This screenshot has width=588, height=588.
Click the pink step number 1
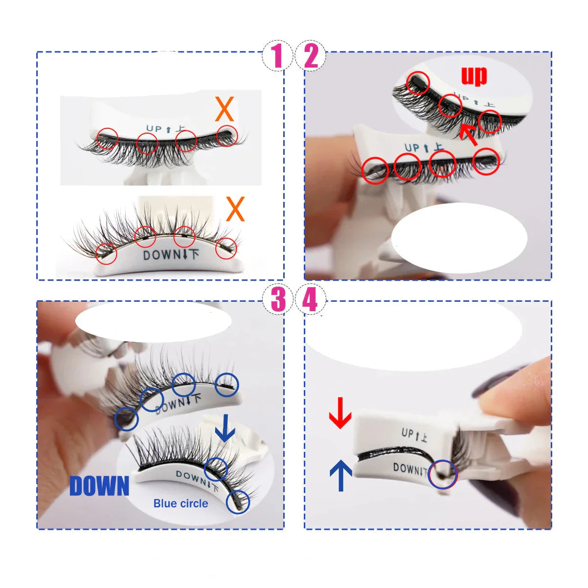click(x=278, y=55)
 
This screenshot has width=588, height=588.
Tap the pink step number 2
click(x=311, y=55)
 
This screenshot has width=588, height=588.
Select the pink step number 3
click(x=278, y=299)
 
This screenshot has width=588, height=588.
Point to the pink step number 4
click(x=310, y=299)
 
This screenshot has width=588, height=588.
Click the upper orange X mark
click(x=224, y=109)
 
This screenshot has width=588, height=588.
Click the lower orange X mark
click(x=235, y=209)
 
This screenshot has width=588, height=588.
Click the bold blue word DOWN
click(x=99, y=486)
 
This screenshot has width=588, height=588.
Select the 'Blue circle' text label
click(x=180, y=503)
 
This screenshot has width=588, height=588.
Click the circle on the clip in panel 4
click(x=442, y=474)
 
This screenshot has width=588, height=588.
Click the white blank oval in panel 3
click(x=153, y=321)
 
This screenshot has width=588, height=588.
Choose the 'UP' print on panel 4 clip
click(x=414, y=434)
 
